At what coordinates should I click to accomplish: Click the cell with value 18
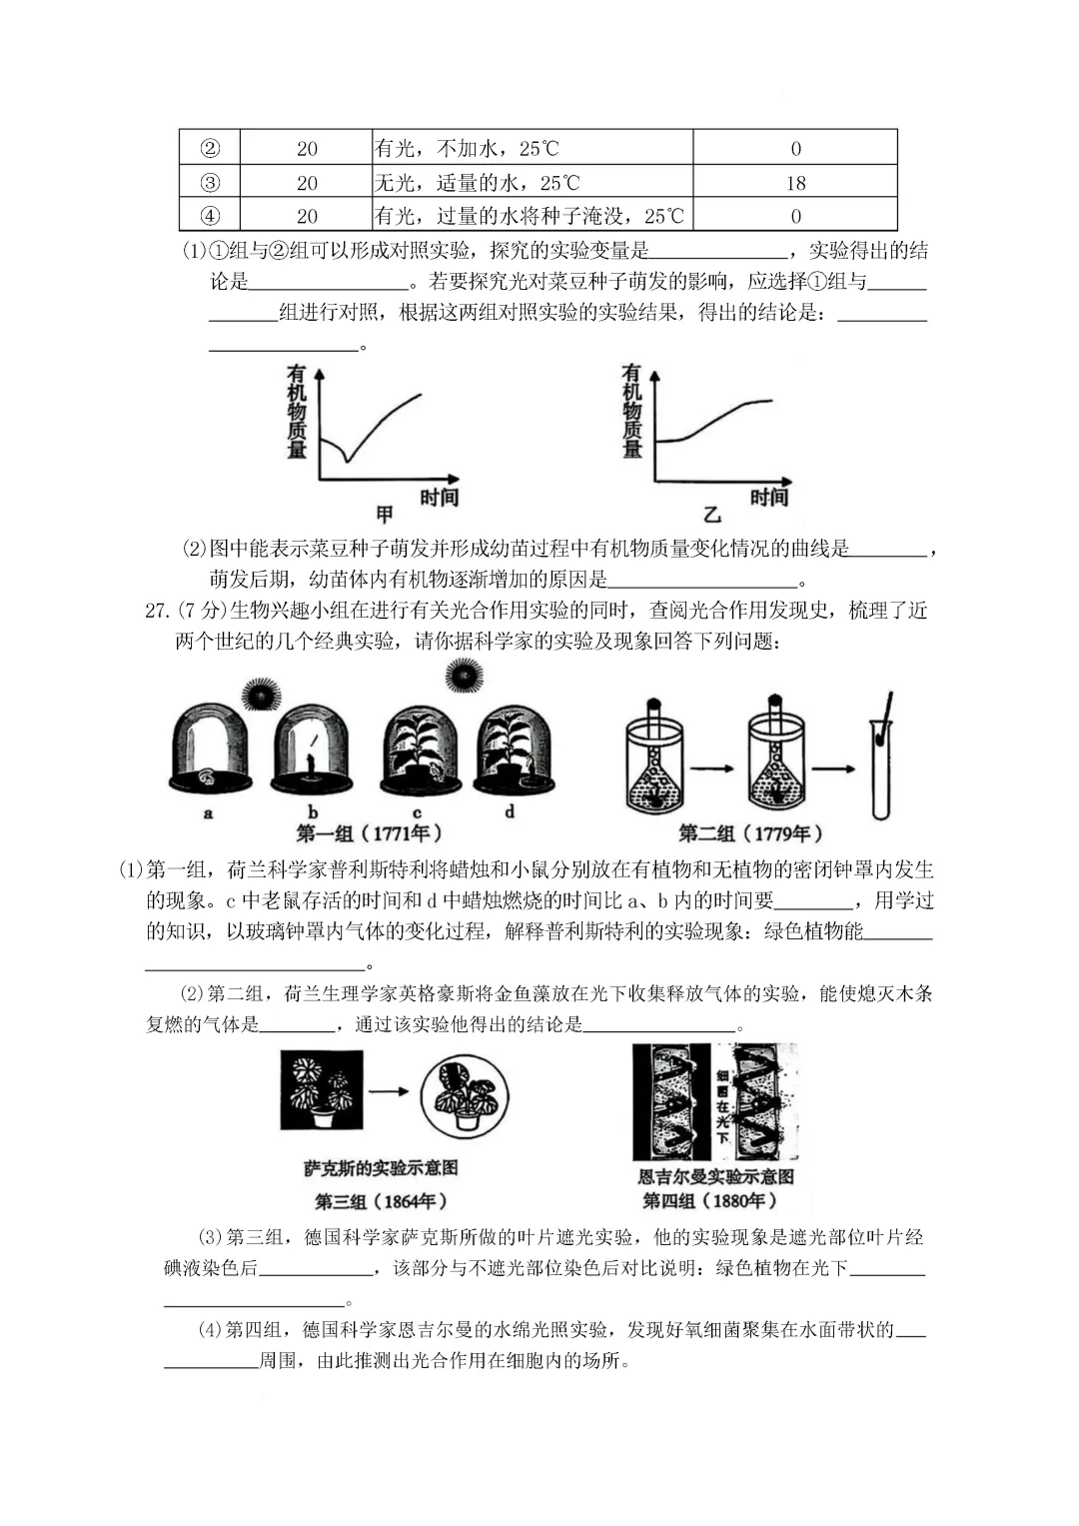click(795, 183)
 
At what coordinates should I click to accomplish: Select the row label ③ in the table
click(210, 183)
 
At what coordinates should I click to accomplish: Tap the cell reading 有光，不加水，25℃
click(467, 149)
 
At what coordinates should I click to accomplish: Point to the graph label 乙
click(712, 515)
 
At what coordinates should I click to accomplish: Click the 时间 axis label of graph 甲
click(439, 497)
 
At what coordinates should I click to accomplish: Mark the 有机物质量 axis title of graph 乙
click(631, 411)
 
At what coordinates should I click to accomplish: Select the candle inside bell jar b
click(311, 765)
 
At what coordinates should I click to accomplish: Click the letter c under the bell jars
click(417, 812)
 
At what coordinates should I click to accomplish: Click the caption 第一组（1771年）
click(369, 833)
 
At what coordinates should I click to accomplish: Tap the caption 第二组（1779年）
click(750, 833)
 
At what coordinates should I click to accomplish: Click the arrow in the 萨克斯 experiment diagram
click(388, 1090)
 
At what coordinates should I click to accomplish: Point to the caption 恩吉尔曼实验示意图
click(716, 1176)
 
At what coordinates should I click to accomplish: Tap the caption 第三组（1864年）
click(381, 1201)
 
